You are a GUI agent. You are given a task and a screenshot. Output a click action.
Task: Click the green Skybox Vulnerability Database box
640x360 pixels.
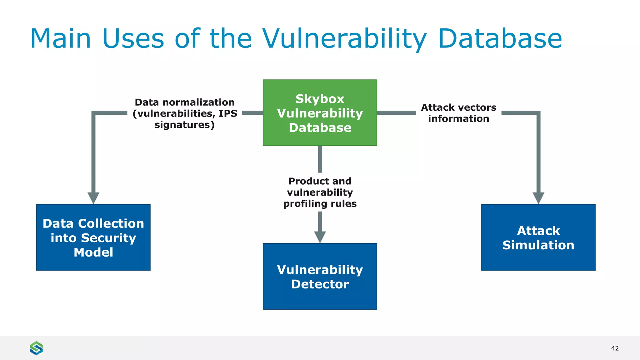(320, 112)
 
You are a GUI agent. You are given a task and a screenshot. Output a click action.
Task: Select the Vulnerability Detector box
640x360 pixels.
(320, 277)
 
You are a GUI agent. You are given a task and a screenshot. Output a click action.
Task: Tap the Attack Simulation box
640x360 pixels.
(538, 237)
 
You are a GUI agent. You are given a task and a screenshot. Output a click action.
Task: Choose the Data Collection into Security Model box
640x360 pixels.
(93, 237)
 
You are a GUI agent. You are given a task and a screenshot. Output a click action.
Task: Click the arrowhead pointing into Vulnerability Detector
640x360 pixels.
(320, 237)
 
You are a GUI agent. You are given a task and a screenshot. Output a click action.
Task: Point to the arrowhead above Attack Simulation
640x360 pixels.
(538, 197)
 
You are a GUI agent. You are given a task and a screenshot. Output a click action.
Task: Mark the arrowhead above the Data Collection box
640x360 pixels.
(93, 197)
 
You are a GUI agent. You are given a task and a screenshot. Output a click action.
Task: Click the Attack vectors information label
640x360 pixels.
(458, 113)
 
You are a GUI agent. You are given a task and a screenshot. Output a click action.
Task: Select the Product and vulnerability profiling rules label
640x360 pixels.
(320, 192)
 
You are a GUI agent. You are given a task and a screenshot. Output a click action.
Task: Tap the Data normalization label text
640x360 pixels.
(184, 113)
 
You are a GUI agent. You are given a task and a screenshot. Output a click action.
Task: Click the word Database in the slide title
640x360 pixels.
(500, 39)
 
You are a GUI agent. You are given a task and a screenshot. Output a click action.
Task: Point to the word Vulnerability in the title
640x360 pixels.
(344, 39)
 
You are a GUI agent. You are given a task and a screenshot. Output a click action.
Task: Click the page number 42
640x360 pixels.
(615, 348)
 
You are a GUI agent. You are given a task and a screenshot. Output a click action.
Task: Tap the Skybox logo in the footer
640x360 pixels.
(36, 348)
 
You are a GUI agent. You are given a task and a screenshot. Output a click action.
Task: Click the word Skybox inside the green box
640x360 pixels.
(320, 99)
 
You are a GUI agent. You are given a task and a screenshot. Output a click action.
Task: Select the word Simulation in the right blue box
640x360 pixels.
(538, 245)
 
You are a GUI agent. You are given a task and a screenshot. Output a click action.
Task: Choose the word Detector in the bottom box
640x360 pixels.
(320, 284)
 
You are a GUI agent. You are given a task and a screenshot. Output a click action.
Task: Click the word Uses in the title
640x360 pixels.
(133, 39)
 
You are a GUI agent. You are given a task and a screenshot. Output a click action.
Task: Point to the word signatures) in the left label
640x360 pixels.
(184, 125)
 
